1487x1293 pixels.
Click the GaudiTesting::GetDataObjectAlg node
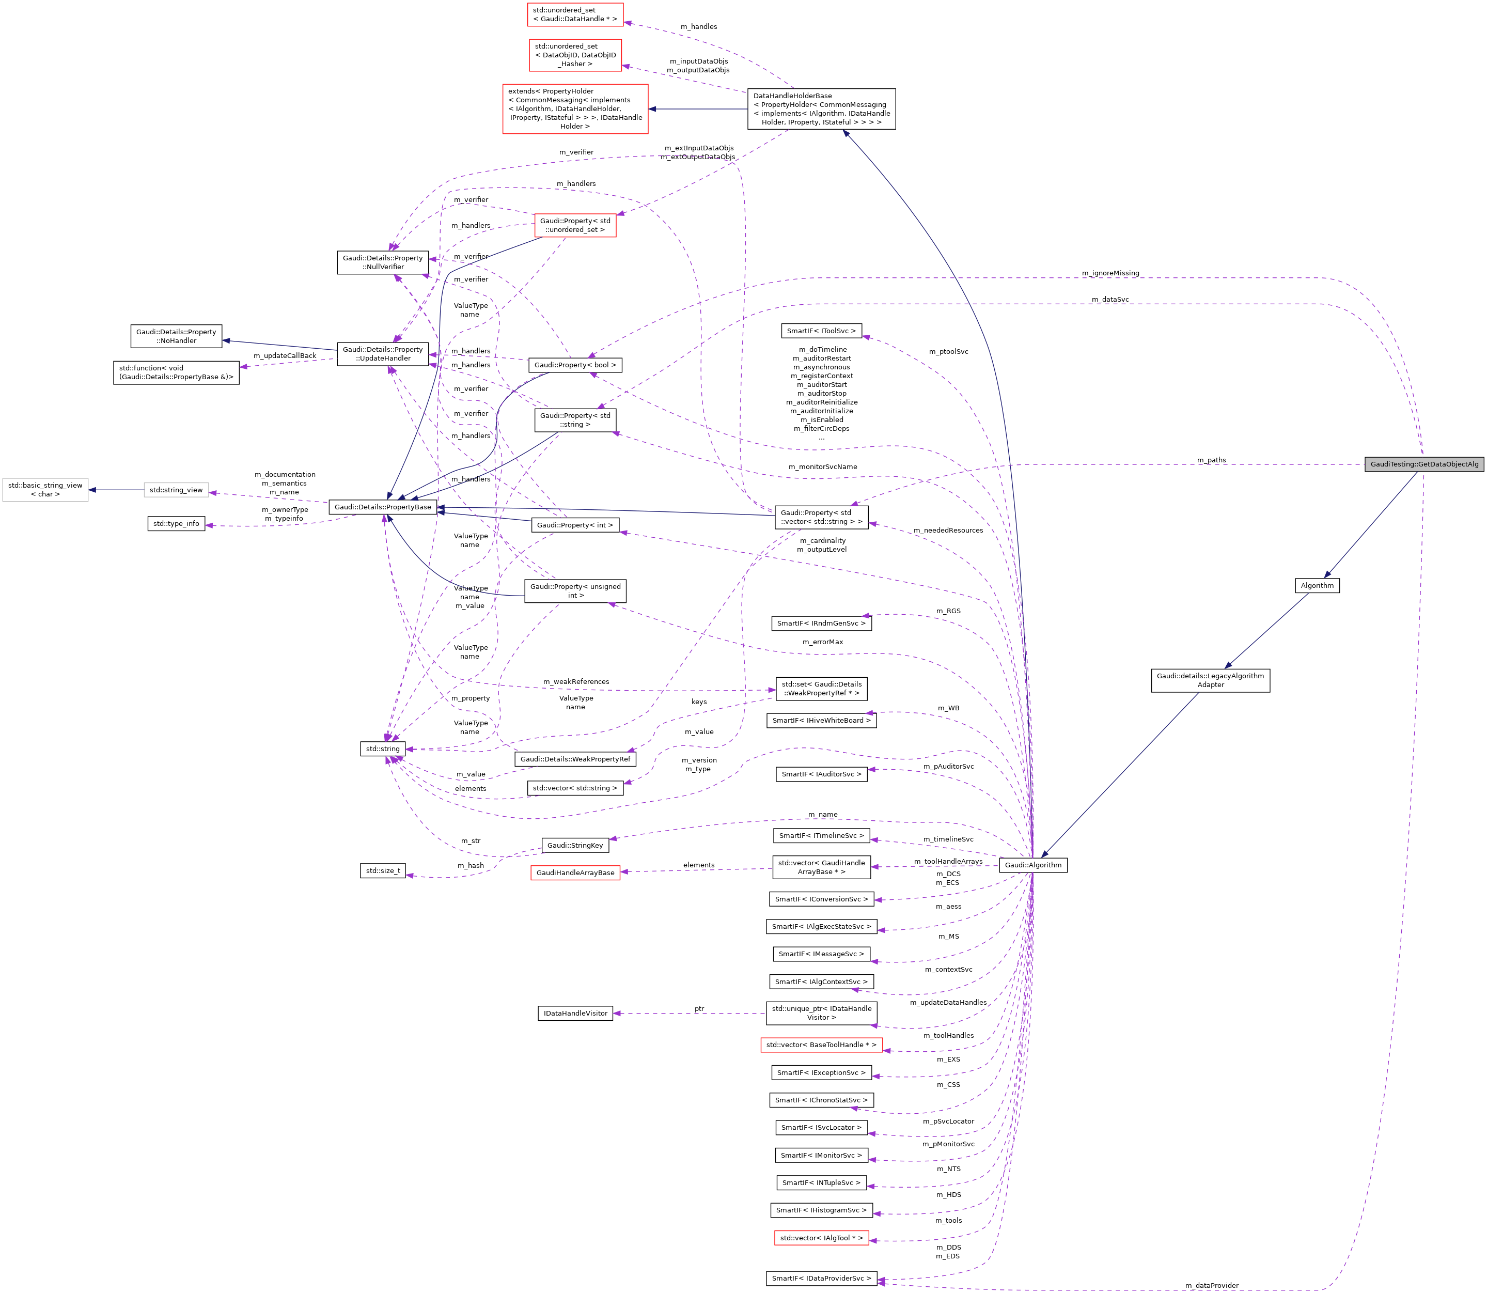(x=1423, y=464)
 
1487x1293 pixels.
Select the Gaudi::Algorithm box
(x=1032, y=864)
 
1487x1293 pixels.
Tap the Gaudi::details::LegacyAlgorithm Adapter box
(x=1210, y=680)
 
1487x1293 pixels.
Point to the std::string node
(x=382, y=748)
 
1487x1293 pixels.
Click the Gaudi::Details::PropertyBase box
(x=382, y=507)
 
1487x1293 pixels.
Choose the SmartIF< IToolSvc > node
(x=821, y=331)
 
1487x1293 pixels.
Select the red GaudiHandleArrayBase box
(x=575, y=873)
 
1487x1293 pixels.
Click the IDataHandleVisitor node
(x=575, y=1013)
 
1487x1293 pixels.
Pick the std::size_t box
(x=382, y=870)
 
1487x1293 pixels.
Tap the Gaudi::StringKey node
(x=575, y=845)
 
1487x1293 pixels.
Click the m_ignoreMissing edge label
(x=1110, y=273)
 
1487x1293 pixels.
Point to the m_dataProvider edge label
(x=1211, y=1285)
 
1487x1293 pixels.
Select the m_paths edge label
(x=1211, y=460)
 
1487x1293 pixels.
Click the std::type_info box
(x=176, y=523)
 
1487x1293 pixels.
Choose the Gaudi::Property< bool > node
(x=575, y=365)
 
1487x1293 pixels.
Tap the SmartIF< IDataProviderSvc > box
(x=821, y=1278)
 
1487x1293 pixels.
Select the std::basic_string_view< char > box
(x=45, y=490)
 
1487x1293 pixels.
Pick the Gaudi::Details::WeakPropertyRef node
(x=575, y=758)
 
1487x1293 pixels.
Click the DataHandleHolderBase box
(x=821, y=109)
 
